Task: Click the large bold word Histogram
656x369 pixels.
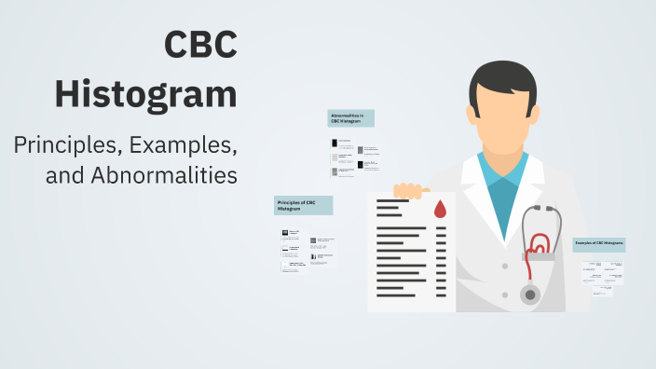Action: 145,94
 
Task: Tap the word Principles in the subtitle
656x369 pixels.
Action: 65,145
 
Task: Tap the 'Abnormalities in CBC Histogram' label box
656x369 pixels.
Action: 351,118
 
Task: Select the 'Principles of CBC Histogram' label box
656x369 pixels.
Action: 303,205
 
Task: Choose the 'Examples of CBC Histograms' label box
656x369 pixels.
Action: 598,244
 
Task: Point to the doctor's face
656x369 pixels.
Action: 503,112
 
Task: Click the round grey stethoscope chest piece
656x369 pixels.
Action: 529,294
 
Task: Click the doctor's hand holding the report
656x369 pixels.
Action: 407,190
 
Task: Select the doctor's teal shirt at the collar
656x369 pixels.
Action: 503,182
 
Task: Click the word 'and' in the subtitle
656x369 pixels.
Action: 64,175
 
